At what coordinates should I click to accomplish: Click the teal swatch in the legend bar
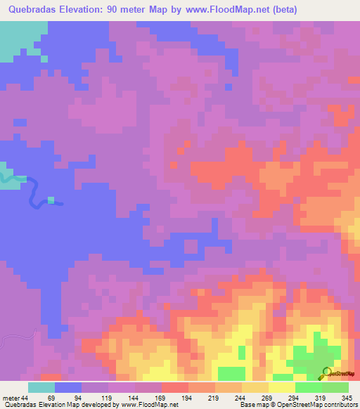41,387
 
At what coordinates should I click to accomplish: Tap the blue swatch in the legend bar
68,387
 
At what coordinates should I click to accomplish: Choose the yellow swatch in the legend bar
281,387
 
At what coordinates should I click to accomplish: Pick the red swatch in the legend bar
174,387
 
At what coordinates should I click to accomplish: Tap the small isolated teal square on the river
51,200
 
